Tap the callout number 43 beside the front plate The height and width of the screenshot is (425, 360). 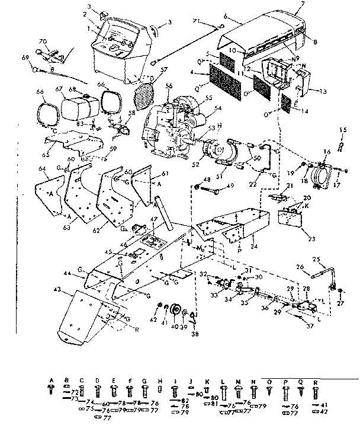point(57,289)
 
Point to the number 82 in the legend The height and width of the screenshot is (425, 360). point(185,401)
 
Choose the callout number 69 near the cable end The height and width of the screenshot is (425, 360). point(24,57)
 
